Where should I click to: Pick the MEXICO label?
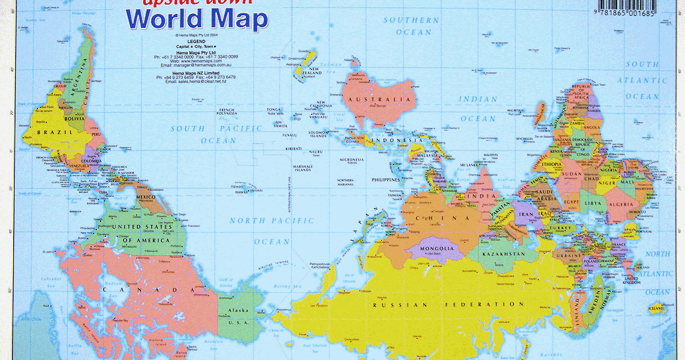click(146, 198)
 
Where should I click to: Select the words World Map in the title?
click(197, 20)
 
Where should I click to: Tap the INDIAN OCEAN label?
click(478, 109)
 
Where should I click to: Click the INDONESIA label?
click(397, 141)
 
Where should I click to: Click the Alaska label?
click(237, 311)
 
